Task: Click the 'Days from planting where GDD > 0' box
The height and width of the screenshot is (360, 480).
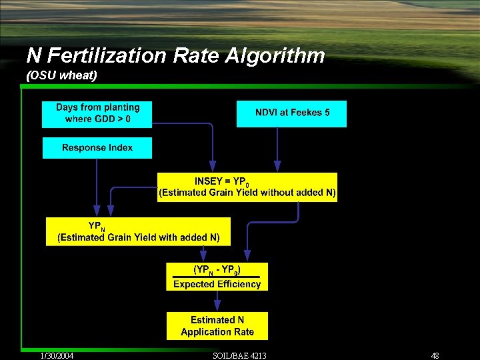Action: click(x=97, y=114)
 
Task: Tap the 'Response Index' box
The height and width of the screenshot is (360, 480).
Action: click(x=97, y=148)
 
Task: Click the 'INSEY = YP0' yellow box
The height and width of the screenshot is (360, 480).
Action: click(x=247, y=187)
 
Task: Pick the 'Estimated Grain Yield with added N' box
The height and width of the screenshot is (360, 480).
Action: click(x=138, y=231)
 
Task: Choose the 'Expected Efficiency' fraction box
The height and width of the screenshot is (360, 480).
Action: click(x=217, y=277)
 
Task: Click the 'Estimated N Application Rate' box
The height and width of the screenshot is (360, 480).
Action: click(x=217, y=326)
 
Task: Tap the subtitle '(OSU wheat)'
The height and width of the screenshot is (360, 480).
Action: click(x=61, y=75)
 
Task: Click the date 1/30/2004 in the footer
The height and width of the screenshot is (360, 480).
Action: click(x=56, y=355)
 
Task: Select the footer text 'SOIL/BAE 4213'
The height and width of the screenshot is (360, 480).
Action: click(x=239, y=355)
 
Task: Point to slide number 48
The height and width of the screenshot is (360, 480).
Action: click(x=435, y=355)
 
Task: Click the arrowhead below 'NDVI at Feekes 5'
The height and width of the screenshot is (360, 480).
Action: click(x=278, y=167)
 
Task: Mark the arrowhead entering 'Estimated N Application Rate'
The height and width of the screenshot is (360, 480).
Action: click(x=217, y=307)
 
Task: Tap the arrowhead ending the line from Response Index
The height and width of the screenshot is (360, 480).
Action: click(x=97, y=212)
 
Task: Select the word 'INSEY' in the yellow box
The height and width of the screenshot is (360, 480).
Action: click(x=208, y=181)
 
